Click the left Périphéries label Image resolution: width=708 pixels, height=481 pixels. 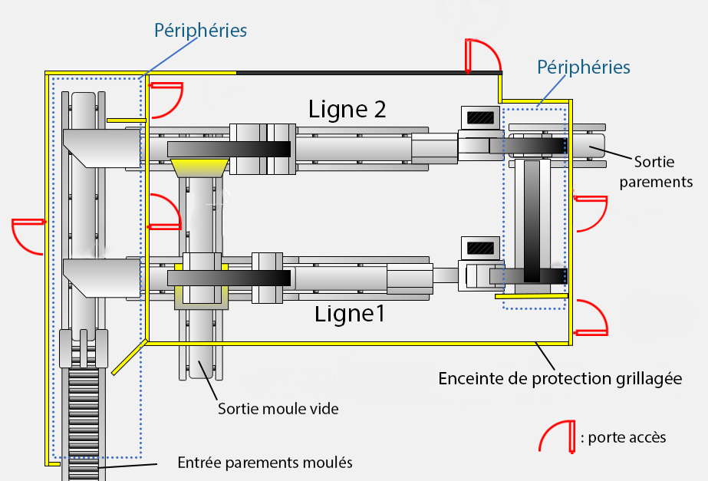coord(200,31)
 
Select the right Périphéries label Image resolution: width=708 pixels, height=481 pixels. coord(584,67)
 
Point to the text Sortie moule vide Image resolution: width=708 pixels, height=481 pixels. coord(278,409)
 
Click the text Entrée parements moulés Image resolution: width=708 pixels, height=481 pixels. coord(265,463)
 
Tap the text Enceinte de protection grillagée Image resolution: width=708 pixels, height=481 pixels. coord(561,378)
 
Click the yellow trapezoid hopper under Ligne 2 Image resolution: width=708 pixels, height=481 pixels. coord(199,166)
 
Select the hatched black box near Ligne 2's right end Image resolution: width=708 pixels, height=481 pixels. coord(481,118)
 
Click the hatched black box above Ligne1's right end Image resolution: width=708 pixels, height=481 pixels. coord(481,249)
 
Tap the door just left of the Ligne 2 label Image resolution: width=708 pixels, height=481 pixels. coord(165,97)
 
